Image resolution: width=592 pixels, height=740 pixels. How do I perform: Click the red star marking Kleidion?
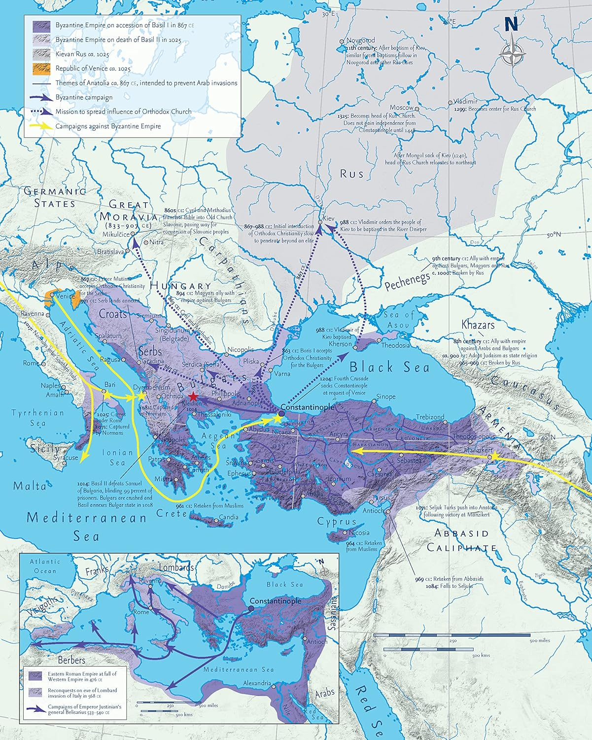point(192,397)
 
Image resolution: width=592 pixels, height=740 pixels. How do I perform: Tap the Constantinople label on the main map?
point(307,407)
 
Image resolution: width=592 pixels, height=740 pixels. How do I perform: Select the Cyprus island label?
point(337,521)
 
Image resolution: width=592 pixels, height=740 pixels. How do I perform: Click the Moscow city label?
point(401,108)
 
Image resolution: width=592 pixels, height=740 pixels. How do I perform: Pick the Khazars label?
point(478,325)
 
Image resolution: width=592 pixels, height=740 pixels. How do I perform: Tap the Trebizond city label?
point(430,417)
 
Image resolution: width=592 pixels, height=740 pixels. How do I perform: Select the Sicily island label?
point(45,449)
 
